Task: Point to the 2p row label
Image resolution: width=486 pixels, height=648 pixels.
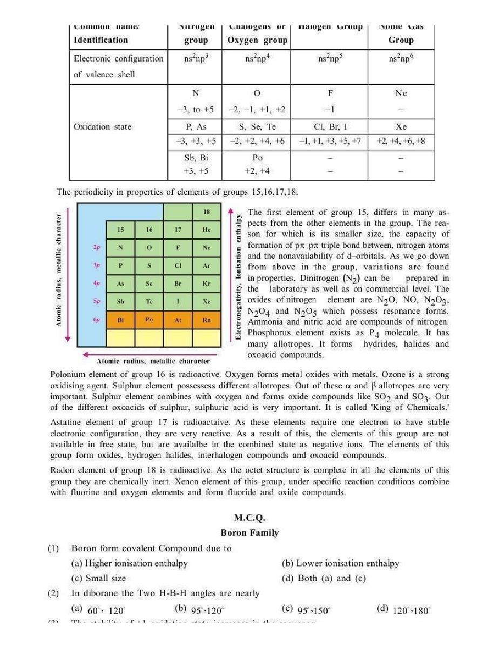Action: point(97,247)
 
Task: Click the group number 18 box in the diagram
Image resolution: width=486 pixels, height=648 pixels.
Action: point(206,212)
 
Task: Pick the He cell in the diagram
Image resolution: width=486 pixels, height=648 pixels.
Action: point(206,230)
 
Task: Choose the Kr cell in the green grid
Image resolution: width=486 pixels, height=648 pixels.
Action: point(206,283)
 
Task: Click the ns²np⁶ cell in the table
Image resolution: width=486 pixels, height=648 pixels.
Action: point(401,59)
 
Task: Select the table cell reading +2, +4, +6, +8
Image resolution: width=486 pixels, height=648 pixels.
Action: point(401,141)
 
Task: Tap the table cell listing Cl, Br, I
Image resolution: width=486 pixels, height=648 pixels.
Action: point(330,127)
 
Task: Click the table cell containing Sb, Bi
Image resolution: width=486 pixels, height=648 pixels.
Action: point(195,158)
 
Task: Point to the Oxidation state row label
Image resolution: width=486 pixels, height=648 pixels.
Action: point(102,127)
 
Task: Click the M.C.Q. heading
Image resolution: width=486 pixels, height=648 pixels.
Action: point(249,517)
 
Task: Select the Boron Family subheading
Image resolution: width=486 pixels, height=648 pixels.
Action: point(249,532)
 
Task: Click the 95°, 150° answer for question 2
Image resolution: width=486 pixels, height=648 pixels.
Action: point(313,610)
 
